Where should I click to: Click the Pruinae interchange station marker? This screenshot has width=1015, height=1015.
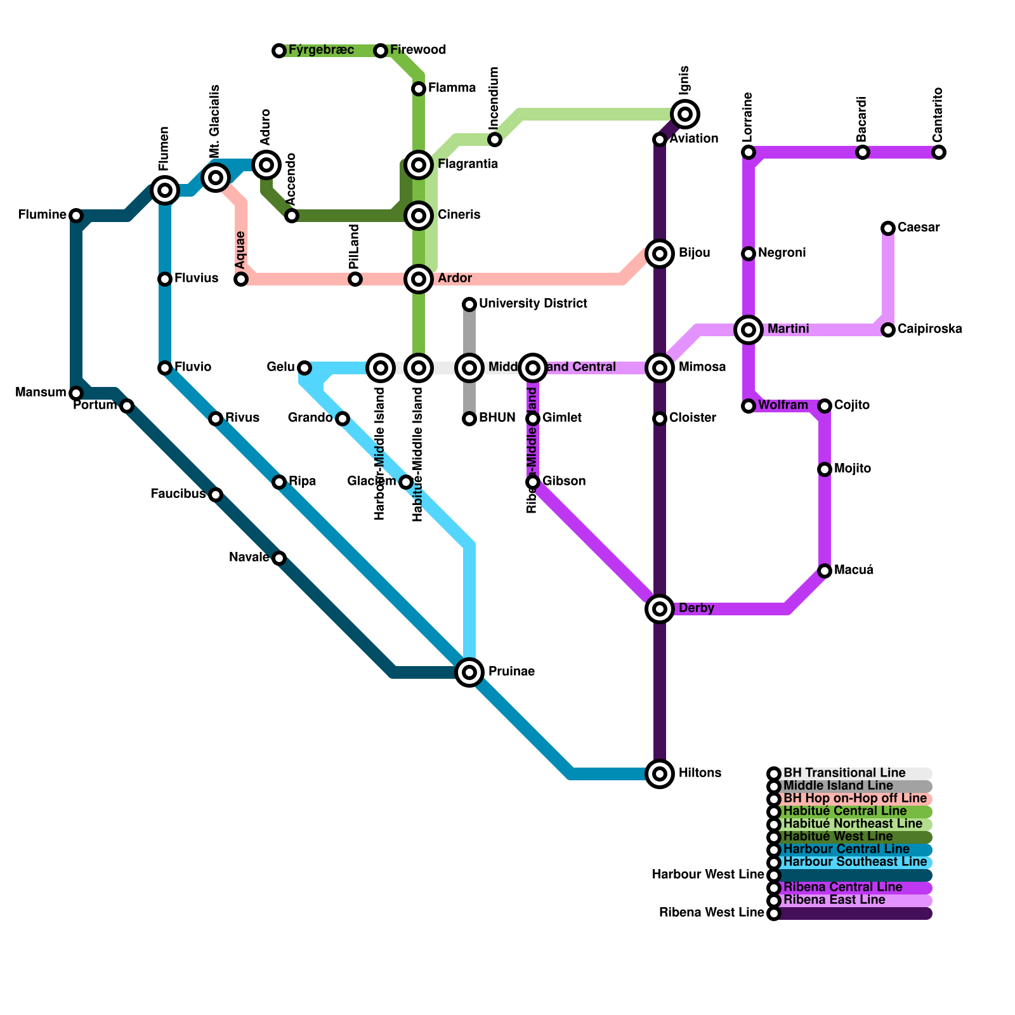(x=469, y=672)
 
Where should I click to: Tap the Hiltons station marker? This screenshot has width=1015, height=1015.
(x=660, y=773)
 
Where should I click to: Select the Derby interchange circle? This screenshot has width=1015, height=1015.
(x=660, y=609)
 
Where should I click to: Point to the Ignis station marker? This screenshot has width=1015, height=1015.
(x=685, y=114)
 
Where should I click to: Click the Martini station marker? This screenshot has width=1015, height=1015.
(x=749, y=329)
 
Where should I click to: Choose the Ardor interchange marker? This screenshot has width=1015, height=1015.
(x=419, y=278)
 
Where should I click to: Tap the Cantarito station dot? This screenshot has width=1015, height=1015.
(x=939, y=152)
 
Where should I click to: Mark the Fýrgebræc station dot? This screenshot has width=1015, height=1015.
(x=279, y=51)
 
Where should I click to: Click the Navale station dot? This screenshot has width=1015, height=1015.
(x=279, y=558)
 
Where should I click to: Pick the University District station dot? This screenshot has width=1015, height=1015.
(x=469, y=304)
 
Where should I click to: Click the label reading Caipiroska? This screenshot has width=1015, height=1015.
(x=929, y=329)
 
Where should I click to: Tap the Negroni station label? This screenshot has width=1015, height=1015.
(x=782, y=253)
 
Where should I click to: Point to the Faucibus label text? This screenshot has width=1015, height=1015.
(x=178, y=494)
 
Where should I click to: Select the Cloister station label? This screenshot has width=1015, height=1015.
(x=692, y=418)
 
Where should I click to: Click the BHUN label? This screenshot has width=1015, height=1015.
(x=497, y=418)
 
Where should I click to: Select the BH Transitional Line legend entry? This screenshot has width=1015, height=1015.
(x=844, y=773)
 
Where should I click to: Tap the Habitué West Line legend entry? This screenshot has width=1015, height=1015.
(x=838, y=837)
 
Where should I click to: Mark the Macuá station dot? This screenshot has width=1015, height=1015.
(x=825, y=571)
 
